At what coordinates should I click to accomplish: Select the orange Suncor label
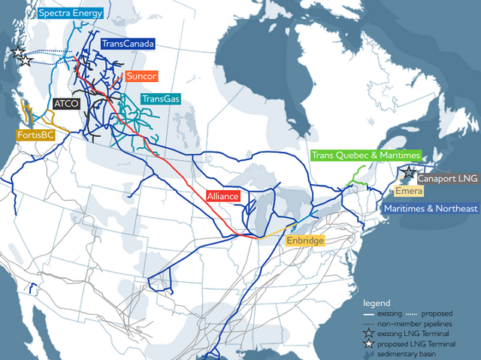(x=141, y=76)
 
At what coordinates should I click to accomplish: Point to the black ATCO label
(x=66, y=104)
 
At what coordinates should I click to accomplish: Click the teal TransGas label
(x=159, y=98)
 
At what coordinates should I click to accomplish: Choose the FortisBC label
(x=37, y=135)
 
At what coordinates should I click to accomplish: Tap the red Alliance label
(x=223, y=196)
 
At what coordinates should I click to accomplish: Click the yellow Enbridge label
(x=304, y=241)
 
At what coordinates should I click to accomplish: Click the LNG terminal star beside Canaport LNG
(x=408, y=174)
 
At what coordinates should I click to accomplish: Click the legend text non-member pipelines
(x=411, y=322)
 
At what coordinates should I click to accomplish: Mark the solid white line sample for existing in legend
(x=370, y=312)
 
